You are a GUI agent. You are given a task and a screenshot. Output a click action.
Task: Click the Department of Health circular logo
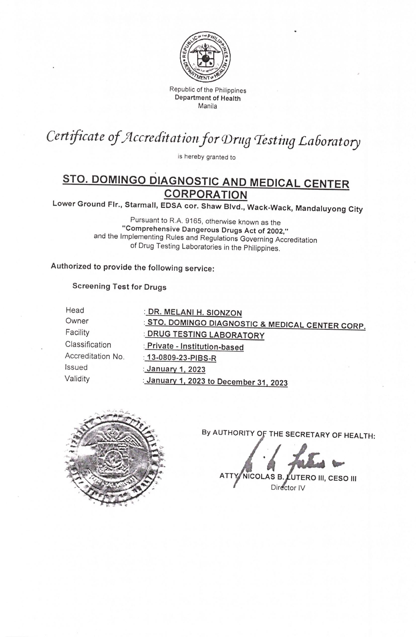coord(205,57)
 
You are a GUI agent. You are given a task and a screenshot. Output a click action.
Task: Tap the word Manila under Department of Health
coord(208,106)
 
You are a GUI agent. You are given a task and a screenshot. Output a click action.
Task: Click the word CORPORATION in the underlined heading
coord(206,195)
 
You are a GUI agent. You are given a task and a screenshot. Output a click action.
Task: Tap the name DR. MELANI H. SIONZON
coord(195,313)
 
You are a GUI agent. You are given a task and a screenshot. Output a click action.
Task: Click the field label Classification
coord(88,344)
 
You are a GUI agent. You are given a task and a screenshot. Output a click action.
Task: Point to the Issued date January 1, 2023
coord(176,369)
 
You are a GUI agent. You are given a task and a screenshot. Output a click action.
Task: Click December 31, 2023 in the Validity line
coord(252,382)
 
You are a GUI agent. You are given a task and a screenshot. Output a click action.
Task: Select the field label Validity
coord(77,379)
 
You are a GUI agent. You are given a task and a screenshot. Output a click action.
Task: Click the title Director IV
coord(288,488)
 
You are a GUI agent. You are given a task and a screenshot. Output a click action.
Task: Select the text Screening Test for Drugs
coord(119,287)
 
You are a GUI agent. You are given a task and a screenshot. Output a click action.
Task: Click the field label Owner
coord(77,321)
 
